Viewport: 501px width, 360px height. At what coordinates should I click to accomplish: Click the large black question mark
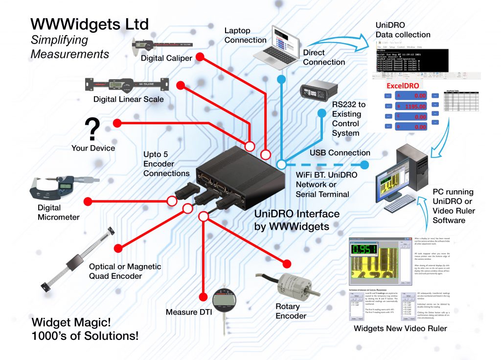92,129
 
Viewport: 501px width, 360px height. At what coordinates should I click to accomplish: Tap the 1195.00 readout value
415,106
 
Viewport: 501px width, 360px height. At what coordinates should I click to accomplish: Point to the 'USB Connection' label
340,153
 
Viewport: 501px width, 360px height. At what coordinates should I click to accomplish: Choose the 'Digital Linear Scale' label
129,99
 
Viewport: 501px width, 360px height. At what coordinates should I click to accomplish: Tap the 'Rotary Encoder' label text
291,311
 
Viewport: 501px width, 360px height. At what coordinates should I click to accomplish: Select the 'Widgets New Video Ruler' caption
400,329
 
